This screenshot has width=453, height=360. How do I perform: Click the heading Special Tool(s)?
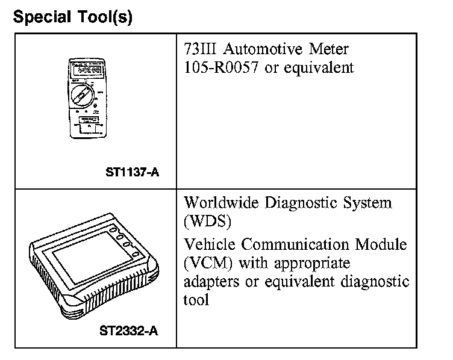click(x=72, y=17)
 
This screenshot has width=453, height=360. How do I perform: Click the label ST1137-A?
click(x=132, y=173)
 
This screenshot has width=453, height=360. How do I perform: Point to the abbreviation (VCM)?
click(x=207, y=263)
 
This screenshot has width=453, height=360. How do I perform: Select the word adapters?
click(x=208, y=282)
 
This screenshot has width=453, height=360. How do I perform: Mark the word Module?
click(x=383, y=244)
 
